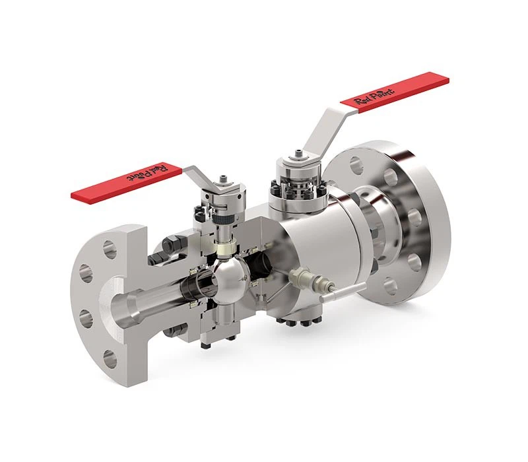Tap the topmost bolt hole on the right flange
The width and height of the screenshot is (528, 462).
coord(357,164)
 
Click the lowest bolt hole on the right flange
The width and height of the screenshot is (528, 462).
coord(390,286)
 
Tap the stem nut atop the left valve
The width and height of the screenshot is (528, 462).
coord(225,178)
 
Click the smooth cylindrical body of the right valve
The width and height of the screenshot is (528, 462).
coord(310,238)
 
